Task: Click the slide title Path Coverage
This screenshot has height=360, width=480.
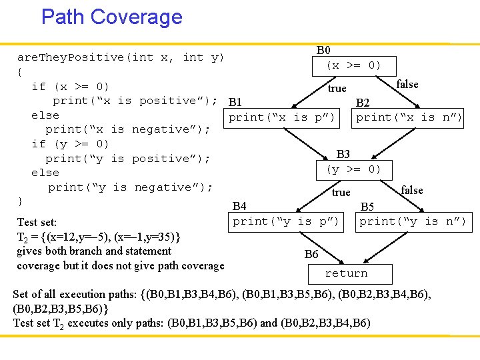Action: point(111,17)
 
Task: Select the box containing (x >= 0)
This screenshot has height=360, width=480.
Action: point(353,66)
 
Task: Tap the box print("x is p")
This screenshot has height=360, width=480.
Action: point(282,118)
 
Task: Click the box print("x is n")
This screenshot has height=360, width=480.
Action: point(409,118)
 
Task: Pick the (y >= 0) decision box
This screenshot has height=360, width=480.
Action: point(353,170)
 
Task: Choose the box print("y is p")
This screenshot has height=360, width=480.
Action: point(286,221)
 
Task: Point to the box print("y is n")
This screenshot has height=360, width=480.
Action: point(412,221)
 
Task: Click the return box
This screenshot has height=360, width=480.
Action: point(346,273)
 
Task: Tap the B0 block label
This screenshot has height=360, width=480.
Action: point(323,51)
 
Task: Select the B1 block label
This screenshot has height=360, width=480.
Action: point(235,103)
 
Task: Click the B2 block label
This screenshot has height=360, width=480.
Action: point(363,103)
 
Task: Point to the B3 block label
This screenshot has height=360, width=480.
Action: point(343,155)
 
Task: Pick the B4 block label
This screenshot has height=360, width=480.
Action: point(239,207)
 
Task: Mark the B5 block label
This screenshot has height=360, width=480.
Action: point(367,207)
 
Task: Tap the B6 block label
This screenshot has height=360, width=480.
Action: point(311,254)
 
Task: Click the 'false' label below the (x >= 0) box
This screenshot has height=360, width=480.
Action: point(407,84)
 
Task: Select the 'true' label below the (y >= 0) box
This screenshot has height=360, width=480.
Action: point(341,193)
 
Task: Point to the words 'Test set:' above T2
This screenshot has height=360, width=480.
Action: point(37,222)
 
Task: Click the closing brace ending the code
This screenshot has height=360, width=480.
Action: point(20,201)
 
